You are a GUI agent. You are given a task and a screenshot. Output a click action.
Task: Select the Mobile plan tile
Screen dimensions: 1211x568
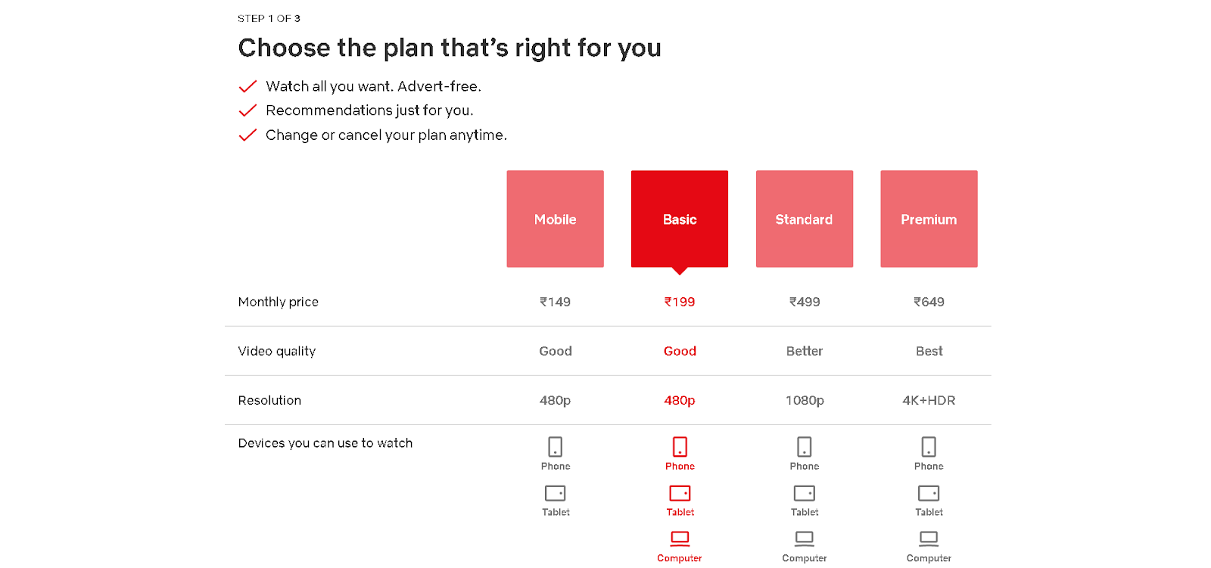(x=556, y=219)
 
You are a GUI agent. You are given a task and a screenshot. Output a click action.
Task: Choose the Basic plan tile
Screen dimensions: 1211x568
(x=680, y=219)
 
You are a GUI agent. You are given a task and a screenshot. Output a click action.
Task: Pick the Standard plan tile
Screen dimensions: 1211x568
(x=805, y=219)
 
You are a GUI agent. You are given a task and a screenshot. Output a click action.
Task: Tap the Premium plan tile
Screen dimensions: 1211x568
(x=929, y=219)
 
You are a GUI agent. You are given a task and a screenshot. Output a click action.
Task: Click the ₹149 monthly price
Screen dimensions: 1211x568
(x=556, y=302)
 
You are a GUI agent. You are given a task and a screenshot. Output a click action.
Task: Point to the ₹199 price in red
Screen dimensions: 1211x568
(x=680, y=302)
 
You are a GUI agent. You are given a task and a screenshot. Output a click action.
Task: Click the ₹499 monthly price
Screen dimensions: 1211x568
(x=805, y=302)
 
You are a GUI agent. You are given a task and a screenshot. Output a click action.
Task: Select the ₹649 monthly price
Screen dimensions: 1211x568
(x=929, y=302)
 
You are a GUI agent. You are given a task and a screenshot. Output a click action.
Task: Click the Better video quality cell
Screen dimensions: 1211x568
(x=805, y=351)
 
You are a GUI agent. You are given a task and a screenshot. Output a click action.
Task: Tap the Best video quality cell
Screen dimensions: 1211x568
(x=929, y=351)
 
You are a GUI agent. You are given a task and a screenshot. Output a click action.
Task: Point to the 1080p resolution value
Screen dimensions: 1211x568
(x=805, y=400)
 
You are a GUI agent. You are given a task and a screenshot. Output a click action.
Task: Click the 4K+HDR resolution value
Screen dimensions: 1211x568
(x=929, y=400)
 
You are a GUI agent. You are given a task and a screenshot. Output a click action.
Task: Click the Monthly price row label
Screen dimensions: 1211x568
(x=278, y=302)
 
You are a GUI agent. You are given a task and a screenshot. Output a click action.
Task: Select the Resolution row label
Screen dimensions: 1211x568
(x=269, y=400)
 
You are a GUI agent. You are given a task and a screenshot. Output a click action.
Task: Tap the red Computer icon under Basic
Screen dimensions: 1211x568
(x=680, y=539)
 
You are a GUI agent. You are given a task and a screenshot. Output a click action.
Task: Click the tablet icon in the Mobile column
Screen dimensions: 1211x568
(x=556, y=493)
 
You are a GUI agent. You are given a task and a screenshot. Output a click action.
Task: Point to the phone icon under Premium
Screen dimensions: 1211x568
(x=929, y=447)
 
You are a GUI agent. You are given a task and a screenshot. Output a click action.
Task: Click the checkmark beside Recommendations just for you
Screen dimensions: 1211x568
(x=247, y=110)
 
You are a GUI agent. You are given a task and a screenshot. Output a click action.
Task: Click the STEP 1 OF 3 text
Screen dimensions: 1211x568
(x=269, y=18)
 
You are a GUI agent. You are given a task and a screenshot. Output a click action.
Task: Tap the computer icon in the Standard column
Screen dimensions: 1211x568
(x=805, y=539)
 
